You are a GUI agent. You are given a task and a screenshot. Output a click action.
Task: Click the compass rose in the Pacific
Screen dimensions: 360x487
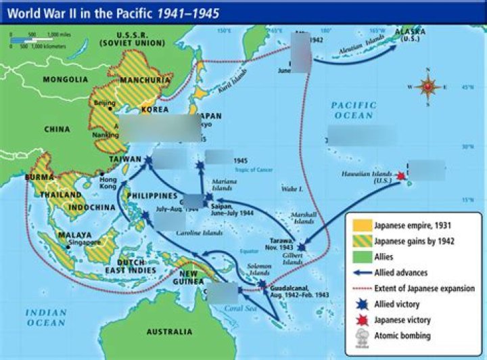(x=427, y=86)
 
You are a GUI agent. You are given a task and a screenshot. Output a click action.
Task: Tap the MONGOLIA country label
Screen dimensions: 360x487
(x=66, y=79)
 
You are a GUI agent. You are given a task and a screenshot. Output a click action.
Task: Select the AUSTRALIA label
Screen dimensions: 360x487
(x=169, y=332)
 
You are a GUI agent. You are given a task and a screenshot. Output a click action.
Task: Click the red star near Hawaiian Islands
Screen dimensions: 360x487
(x=400, y=177)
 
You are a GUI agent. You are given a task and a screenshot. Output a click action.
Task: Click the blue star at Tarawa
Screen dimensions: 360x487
(x=301, y=248)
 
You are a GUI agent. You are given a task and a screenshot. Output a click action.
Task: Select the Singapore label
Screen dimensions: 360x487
(x=85, y=242)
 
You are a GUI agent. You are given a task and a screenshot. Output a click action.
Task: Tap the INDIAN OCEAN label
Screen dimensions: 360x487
(x=47, y=317)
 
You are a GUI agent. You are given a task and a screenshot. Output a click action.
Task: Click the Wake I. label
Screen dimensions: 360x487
(x=290, y=189)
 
